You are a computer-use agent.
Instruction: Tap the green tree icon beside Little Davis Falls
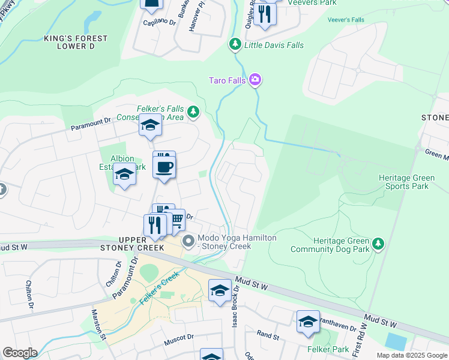pyautogui.click(x=235, y=44)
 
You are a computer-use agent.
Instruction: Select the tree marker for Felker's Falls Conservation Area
pyautogui.click(x=193, y=111)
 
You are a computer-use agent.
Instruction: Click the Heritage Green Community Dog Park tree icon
pyautogui.click(x=378, y=243)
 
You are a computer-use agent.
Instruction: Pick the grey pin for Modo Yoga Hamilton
pyautogui.click(x=188, y=242)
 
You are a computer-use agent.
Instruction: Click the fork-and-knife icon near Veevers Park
pyautogui.click(x=265, y=13)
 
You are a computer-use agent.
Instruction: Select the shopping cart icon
pyautogui.click(x=175, y=221)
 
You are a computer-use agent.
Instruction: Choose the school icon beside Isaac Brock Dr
pyautogui.click(x=220, y=290)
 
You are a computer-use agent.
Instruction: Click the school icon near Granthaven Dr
pyautogui.click(x=308, y=321)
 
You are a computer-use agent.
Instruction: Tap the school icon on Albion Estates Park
pyautogui.click(x=125, y=175)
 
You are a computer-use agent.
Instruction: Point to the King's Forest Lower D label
pyautogui.click(x=76, y=42)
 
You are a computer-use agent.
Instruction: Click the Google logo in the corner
pyautogui.click(x=19, y=353)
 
